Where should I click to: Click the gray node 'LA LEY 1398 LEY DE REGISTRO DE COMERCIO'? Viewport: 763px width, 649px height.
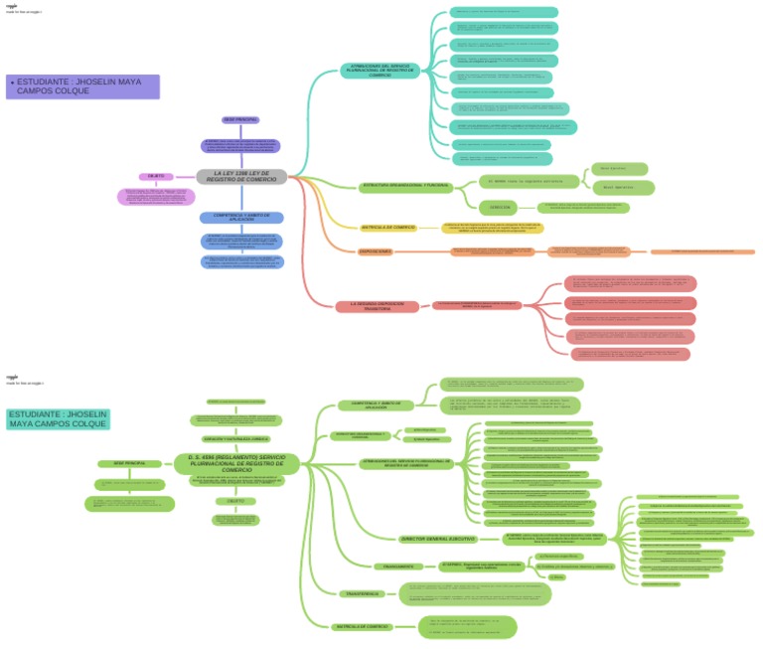[x=241, y=176]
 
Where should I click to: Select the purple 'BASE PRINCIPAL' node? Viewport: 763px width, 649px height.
[x=240, y=119]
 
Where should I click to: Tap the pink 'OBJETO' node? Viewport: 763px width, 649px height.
[x=156, y=176]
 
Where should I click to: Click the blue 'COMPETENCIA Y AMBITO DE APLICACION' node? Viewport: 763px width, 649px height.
[x=241, y=217]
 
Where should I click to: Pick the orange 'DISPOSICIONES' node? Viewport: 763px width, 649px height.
[x=376, y=251]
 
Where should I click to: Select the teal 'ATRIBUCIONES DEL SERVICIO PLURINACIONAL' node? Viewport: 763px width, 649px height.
[x=380, y=71]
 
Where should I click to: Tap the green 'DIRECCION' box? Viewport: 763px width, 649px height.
[x=501, y=208]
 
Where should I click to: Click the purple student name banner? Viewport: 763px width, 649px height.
[x=82, y=86]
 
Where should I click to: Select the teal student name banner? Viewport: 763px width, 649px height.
[x=59, y=418]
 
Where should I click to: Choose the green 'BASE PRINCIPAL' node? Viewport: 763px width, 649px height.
[x=129, y=463]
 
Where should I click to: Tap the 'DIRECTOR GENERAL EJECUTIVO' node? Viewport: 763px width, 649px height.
[x=437, y=539]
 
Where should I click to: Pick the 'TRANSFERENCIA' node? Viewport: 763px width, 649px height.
[x=358, y=593]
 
